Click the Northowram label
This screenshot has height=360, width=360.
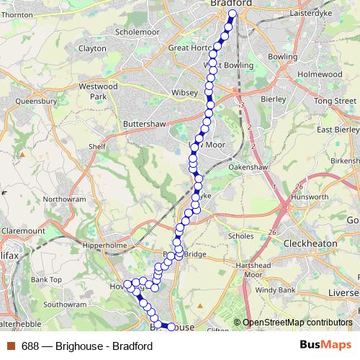(64, 199)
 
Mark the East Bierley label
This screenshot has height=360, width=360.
(338, 130)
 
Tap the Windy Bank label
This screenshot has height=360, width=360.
(275, 290)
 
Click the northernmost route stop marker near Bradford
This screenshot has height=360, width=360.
(233, 14)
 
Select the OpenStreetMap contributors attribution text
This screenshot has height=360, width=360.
(297, 323)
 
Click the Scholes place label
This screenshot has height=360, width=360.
(240, 235)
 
